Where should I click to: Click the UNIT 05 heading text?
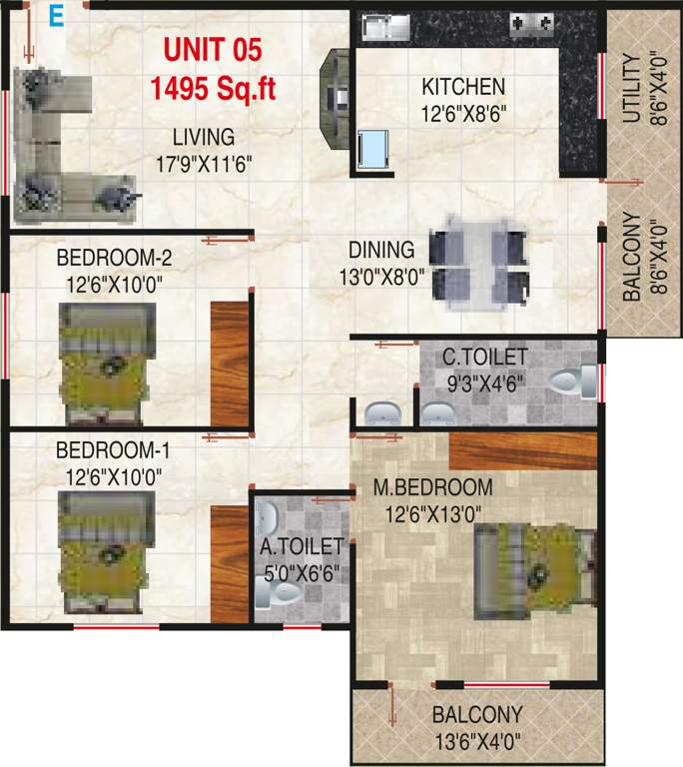coord(212,51)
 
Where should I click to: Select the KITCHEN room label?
coord(463,87)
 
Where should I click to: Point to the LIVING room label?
coord(203,137)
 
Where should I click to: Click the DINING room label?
coord(381,250)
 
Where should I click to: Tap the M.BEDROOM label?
coord(432,488)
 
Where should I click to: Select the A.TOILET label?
coord(302,546)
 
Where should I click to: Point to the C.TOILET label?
coord(486,357)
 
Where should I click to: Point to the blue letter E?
coord(57,17)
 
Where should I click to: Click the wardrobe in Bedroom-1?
coord(229,564)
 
